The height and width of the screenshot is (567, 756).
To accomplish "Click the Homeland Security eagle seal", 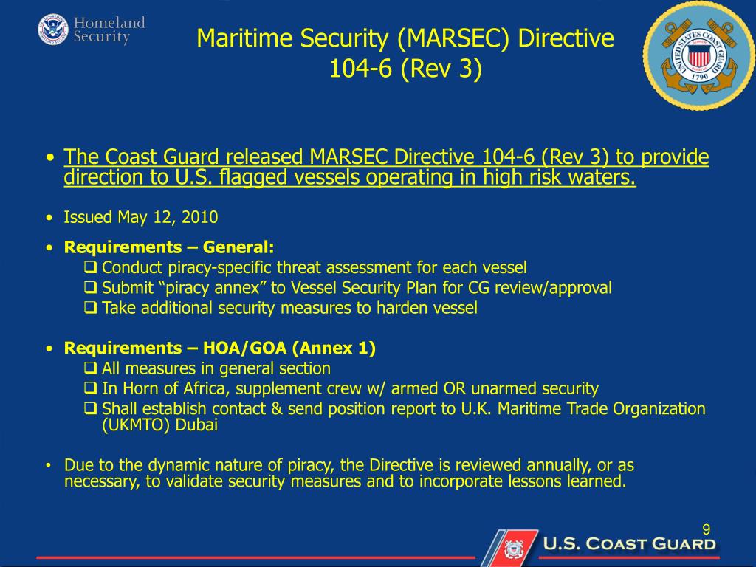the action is pyautogui.click(x=53, y=30).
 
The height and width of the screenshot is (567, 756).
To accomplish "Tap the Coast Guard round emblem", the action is pyautogui.click(x=698, y=56).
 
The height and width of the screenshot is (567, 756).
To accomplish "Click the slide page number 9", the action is pyautogui.click(x=706, y=530).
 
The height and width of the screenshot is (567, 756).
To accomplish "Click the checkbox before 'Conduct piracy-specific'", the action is pyautogui.click(x=91, y=267).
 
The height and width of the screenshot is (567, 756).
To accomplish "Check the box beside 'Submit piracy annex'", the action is pyautogui.click(x=91, y=287).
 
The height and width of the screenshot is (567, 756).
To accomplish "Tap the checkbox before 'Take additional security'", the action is pyautogui.click(x=91, y=307).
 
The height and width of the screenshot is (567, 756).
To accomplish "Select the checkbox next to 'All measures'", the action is pyautogui.click(x=91, y=368).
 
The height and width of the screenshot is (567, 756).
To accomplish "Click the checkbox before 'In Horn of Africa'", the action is pyautogui.click(x=91, y=388).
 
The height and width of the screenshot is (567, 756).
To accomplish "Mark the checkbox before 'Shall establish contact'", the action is pyautogui.click(x=91, y=408).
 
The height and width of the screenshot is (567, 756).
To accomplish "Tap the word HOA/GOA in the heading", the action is pyautogui.click(x=244, y=348).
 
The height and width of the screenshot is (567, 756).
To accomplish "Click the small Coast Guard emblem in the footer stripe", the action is pyautogui.click(x=514, y=549).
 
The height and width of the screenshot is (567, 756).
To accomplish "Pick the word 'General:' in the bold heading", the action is pyautogui.click(x=238, y=247).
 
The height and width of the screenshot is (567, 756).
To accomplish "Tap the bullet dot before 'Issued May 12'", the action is pyautogui.click(x=49, y=218).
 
